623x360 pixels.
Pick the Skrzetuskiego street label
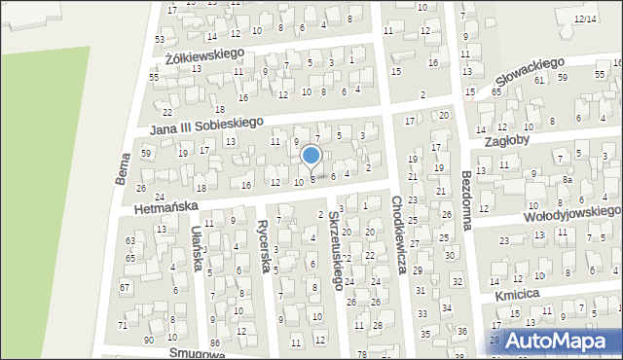[x=336, y=248]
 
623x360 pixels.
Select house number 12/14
[x=585, y=18]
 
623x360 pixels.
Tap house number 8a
[x=567, y=180]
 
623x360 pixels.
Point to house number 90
[x=148, y=340]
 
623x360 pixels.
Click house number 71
[x=123, y=325]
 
